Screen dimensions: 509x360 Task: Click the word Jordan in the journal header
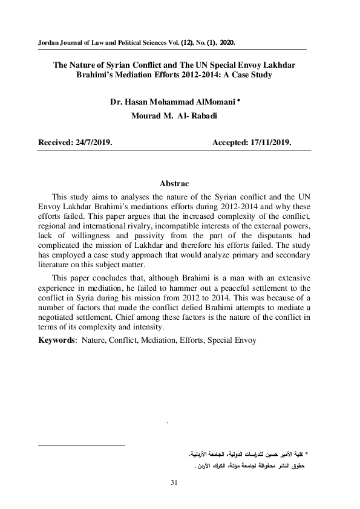(x=50, y=44)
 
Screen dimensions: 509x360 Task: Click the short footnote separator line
(x=81, y=446)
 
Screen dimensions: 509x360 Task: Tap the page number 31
(x=174, y=482)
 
